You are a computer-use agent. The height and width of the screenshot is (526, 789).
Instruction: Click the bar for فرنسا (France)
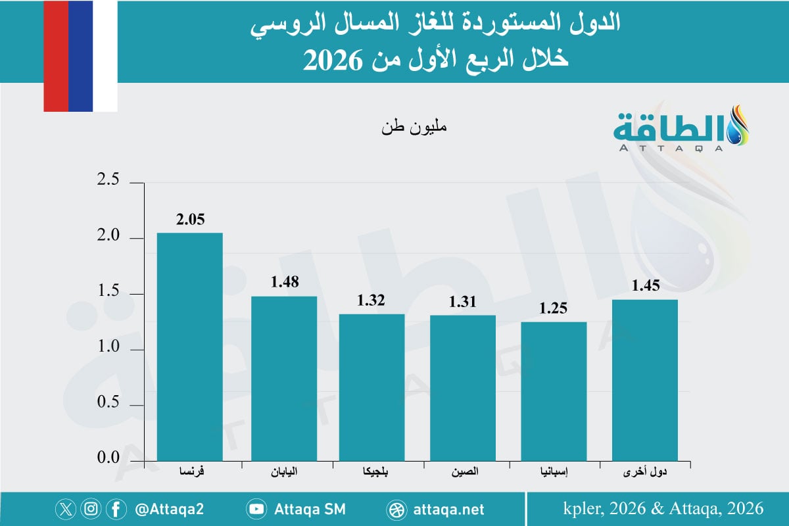pos(190,346)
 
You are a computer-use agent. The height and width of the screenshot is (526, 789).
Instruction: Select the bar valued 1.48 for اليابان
pos(284,377)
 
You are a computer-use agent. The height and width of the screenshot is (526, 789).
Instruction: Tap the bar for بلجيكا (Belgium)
pos(372,387)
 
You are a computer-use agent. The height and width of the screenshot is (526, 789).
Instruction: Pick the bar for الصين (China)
pos(463,387)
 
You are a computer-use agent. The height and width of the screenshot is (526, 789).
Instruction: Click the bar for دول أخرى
pos(644,379)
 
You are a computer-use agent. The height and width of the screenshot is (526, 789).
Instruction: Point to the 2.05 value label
pos(190,220)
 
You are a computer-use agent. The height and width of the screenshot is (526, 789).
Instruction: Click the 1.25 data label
pos(554,309)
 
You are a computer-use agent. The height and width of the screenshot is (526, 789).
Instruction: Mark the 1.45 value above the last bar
pos(645,286)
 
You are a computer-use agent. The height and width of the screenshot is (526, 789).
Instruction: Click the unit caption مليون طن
pos(414,128)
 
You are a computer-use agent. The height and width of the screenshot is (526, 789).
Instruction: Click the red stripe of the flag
pos(56,56)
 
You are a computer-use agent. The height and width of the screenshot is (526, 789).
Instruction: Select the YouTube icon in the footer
pos(256,509)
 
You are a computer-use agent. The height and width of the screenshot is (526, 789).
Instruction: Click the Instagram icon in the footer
pos(91,509)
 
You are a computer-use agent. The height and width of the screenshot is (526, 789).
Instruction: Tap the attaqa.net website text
pos(450,509)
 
